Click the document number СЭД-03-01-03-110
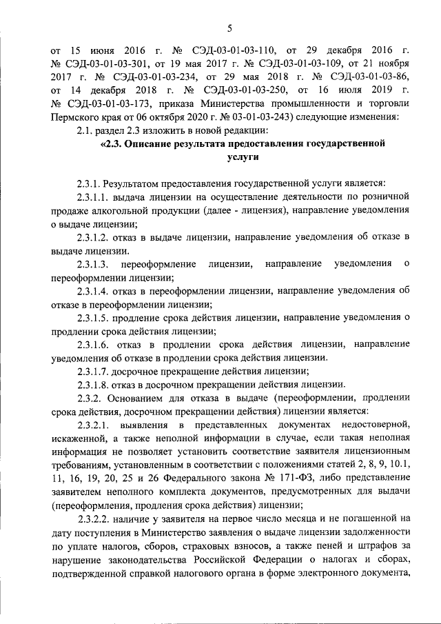click(x=236, y=51)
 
